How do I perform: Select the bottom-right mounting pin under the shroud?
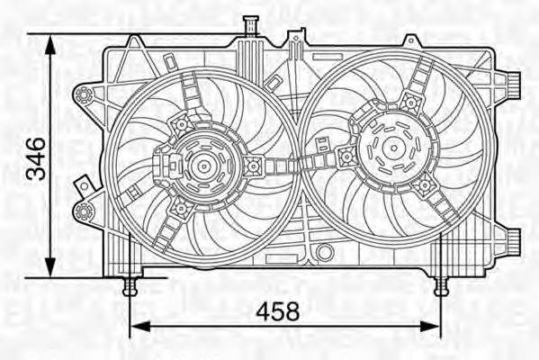440,286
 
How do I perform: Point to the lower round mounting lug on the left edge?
85,211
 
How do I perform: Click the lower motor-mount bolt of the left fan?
179,209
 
